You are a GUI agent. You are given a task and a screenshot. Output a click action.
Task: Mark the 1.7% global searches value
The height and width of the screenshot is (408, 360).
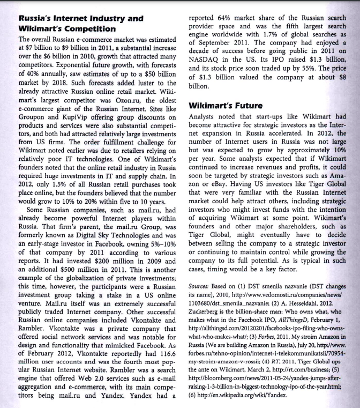(280, 36)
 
